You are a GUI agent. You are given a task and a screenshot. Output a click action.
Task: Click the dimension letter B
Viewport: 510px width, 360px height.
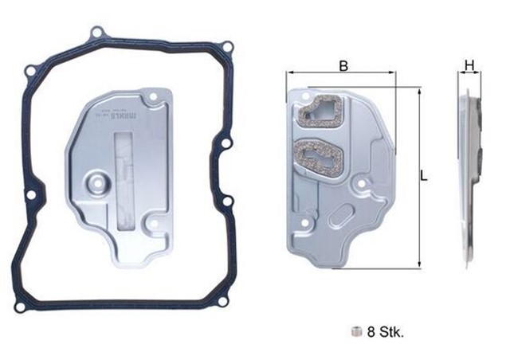point(343,66)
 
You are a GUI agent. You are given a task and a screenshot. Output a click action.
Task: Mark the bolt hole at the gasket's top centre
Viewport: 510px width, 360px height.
point(98,33)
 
